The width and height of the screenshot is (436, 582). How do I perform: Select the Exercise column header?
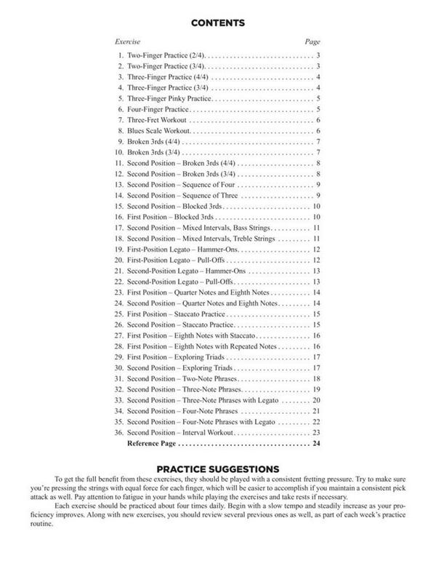coord(128,42)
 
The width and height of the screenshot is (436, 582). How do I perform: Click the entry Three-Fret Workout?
coord(158,119)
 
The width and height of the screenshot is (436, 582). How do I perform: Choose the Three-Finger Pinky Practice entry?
coord(169,97)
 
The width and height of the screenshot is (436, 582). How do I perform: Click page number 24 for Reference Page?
coord(317,442)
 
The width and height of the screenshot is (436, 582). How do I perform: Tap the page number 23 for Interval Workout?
coord(317,431)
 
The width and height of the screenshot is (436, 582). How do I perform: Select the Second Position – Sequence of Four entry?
coord(183,185)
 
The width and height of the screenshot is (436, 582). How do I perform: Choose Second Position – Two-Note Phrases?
coord(183,380)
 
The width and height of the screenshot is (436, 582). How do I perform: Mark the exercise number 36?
coord(119,431)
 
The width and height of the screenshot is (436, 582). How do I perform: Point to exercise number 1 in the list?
coord(121,55)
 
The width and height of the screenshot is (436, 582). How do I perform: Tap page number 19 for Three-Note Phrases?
coord(317,391)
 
